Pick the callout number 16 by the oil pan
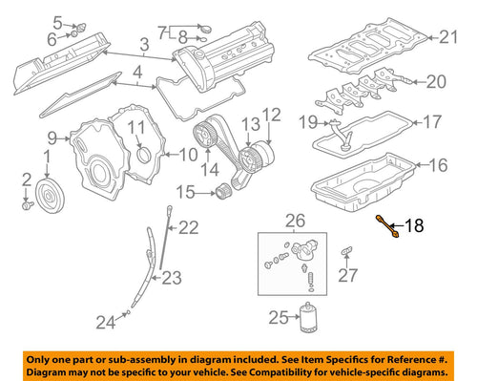click(438, 165)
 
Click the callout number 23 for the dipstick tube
click(170, 279)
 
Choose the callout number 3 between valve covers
click(143, 44)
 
